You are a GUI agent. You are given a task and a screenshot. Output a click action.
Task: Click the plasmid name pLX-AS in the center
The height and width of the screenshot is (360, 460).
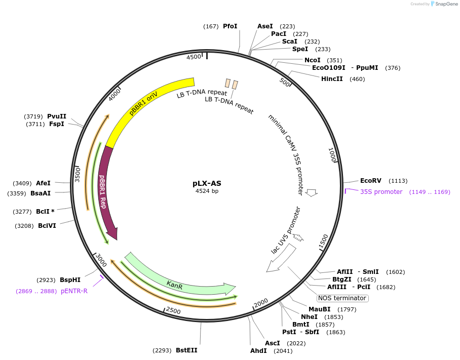tap(207, 183)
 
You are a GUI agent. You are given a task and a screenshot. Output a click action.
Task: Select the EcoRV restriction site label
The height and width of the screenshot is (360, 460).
tap(370, 181)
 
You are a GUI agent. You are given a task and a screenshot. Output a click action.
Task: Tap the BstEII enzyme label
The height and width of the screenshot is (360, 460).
tap(186, 350)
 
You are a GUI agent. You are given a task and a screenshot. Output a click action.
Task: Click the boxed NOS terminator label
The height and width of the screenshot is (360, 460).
tap(342, 298)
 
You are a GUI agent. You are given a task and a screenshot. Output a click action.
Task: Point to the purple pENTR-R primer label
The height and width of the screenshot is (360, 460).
tap(74, 291)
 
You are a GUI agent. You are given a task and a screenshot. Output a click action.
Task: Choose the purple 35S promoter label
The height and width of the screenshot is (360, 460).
tap(381, 192)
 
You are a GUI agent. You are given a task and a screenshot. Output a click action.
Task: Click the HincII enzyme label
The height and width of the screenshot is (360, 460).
tap(332, 79)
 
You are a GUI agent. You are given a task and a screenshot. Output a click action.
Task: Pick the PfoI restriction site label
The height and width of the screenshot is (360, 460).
tap(230, 26)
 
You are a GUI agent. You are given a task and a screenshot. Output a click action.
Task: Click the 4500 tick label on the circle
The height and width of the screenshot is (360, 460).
tap(194, 57)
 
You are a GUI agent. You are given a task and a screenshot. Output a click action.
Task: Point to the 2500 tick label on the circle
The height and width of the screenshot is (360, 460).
tap(173, 310)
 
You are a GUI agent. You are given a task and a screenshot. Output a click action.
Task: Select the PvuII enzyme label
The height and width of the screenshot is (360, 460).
tap(57, 116)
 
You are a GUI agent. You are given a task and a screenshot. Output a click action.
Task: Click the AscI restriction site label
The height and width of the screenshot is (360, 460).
tap(272, 343)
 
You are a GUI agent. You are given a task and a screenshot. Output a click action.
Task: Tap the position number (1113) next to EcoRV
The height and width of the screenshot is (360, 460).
tap(398, 181)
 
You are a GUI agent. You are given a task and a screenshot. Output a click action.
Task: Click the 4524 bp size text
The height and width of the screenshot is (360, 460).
tap(207, 191)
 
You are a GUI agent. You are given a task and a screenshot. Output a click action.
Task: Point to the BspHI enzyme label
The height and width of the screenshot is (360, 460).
tap(70, 280)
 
